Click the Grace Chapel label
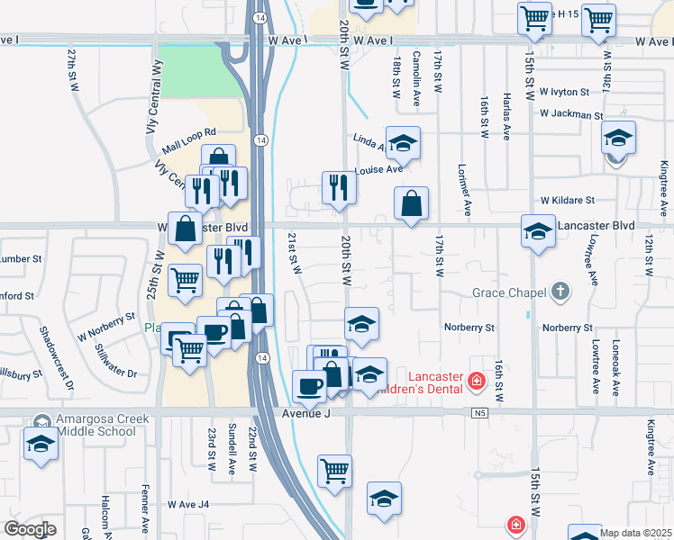point(510,292)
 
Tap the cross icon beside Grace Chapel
point(560,292)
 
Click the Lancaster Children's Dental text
point(438,383)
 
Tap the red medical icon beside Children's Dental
point(477,384)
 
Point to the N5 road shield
point(478,412)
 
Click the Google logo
point(30,529)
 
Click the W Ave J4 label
point(187,505)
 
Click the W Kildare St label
point(568,200)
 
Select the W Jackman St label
point(571,115)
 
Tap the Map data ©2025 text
point(635,533)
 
